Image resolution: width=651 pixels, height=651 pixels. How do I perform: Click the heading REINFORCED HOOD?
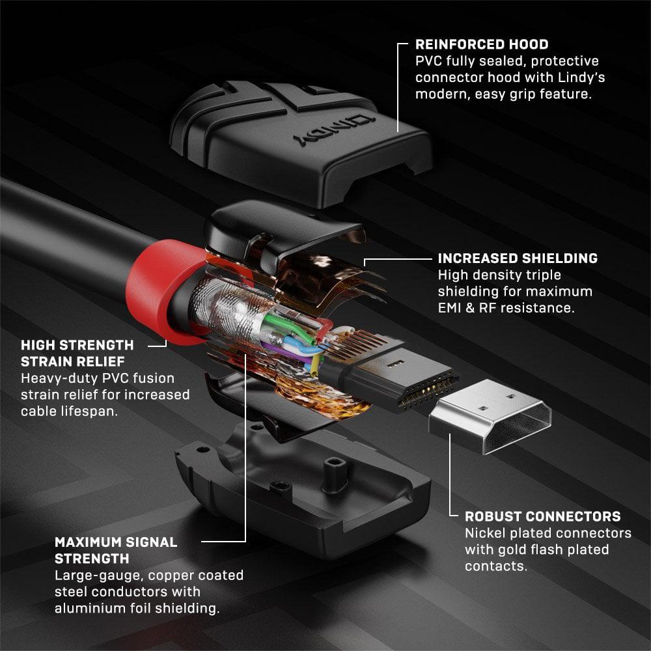point(482,45)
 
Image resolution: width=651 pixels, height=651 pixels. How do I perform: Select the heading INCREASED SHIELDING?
point(518,258)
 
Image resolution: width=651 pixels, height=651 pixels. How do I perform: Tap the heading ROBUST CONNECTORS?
point(542,517)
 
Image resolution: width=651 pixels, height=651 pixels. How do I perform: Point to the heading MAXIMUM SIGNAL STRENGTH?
point(116,550)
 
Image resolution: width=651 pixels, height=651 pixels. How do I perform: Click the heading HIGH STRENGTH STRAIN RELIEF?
point(77,352)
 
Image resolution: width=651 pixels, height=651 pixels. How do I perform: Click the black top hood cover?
point(299,140)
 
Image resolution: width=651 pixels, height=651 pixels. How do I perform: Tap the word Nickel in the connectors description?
point(485,533)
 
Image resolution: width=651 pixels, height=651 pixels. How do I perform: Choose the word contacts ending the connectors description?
point(494,566)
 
